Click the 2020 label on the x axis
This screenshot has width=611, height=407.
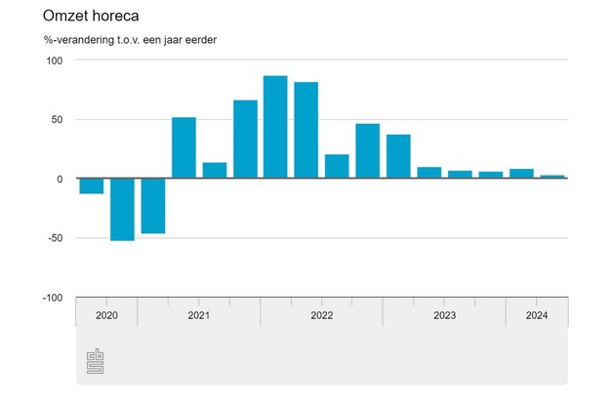coord(106,315)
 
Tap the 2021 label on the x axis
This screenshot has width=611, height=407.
coord(198,315)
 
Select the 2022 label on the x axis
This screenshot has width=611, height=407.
coord(321,315)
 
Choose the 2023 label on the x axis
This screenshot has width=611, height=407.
coord(444,315)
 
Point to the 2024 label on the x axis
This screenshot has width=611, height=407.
coord(536,315)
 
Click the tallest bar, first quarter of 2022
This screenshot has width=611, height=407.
coord(275,128)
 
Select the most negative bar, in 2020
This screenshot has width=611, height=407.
coord(122,209)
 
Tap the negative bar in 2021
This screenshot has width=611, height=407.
coord(153,206)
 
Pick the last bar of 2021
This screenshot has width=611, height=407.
coord(245,140)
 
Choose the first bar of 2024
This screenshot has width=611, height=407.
coord(521,174)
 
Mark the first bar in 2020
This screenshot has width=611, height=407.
coord(92,186)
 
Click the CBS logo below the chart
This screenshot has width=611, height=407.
coord(97,361)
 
